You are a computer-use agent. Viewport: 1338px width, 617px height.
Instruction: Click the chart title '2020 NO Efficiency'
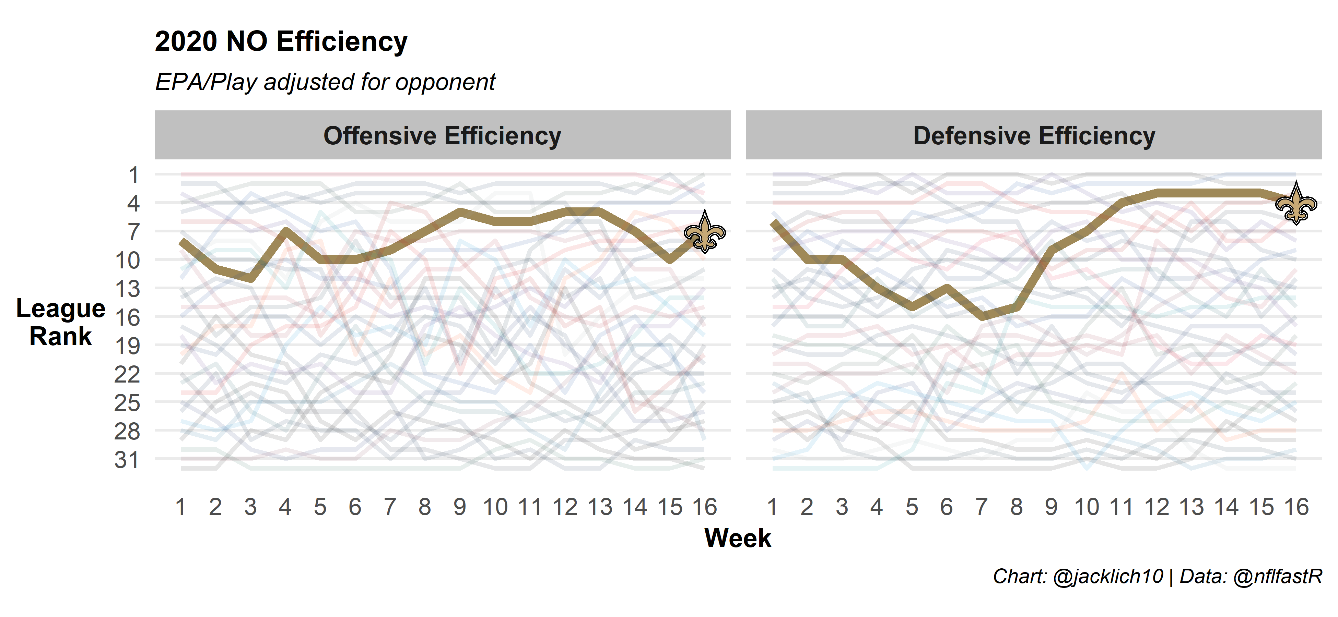[281, 41]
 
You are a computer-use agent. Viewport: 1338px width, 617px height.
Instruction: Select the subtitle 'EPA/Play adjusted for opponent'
[325, 82]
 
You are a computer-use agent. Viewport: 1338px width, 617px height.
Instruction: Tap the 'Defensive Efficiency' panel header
[1034, 135]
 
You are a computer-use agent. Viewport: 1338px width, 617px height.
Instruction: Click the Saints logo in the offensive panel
[704, 232]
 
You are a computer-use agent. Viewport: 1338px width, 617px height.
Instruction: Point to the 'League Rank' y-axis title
[61, 322]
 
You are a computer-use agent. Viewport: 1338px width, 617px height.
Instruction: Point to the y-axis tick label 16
[127, 317]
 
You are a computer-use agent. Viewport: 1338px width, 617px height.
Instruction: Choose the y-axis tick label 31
[127, 460]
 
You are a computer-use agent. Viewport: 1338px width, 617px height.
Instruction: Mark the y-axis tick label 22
[127, 374]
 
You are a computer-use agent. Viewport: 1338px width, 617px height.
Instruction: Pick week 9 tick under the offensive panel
[460, 507]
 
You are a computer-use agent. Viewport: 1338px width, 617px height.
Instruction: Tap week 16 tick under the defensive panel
[1296, 507]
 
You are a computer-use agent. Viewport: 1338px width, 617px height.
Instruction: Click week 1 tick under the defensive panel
[772, 507]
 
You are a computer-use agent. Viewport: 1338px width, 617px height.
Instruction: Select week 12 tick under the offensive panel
[565, 507]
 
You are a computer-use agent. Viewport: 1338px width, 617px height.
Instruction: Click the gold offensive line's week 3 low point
[251, 279]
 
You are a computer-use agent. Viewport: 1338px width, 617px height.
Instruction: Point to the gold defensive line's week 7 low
[982, 316]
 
